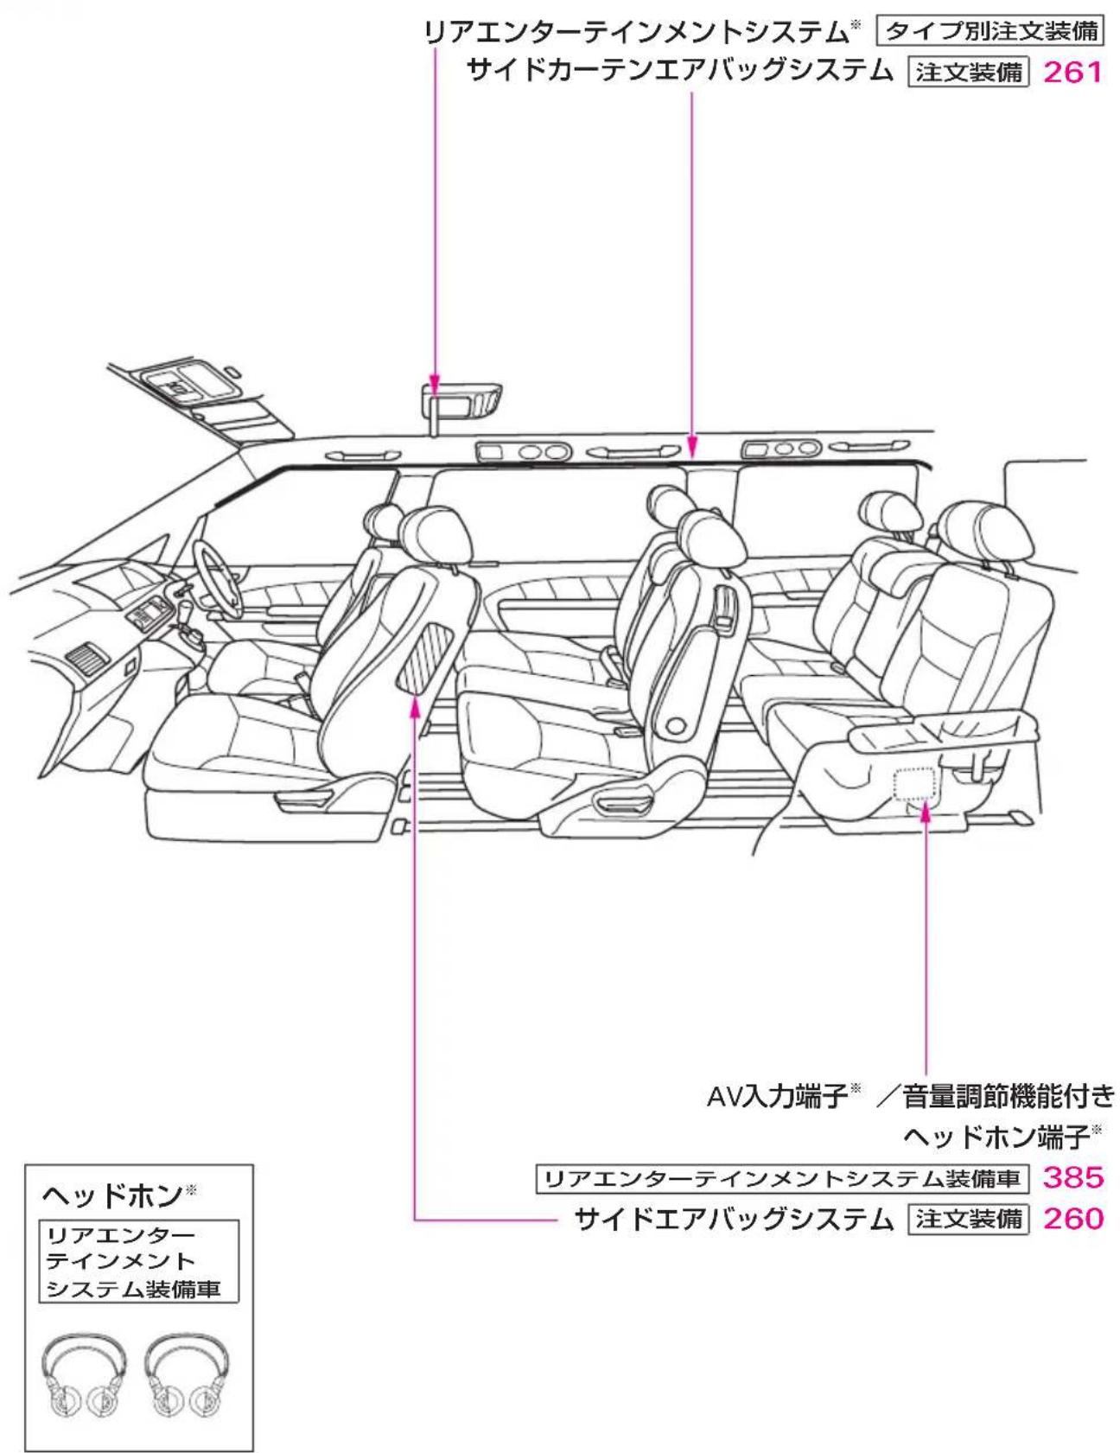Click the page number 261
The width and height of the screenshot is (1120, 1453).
[1073, 72]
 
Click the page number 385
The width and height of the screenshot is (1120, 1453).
[1073, 1177]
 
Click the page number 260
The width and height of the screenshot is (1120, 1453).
[1073, 1219]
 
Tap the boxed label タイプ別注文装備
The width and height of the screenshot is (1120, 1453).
[991, 31]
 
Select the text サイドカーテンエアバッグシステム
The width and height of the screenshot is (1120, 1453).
[679, 71]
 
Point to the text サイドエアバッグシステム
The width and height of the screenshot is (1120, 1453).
[734, 1219]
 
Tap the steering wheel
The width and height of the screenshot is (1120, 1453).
[216, 581]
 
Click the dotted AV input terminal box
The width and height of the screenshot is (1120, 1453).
[915, 784]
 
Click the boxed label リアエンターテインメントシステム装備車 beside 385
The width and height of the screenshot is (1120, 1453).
[782, 1178]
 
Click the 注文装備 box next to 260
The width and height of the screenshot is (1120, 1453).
[969, 1219]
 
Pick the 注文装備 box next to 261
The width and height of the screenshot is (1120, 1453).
[969, 72]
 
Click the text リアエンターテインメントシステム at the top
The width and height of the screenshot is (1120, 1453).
[636, 32]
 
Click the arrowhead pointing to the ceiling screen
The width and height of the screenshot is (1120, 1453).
[435, 384]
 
